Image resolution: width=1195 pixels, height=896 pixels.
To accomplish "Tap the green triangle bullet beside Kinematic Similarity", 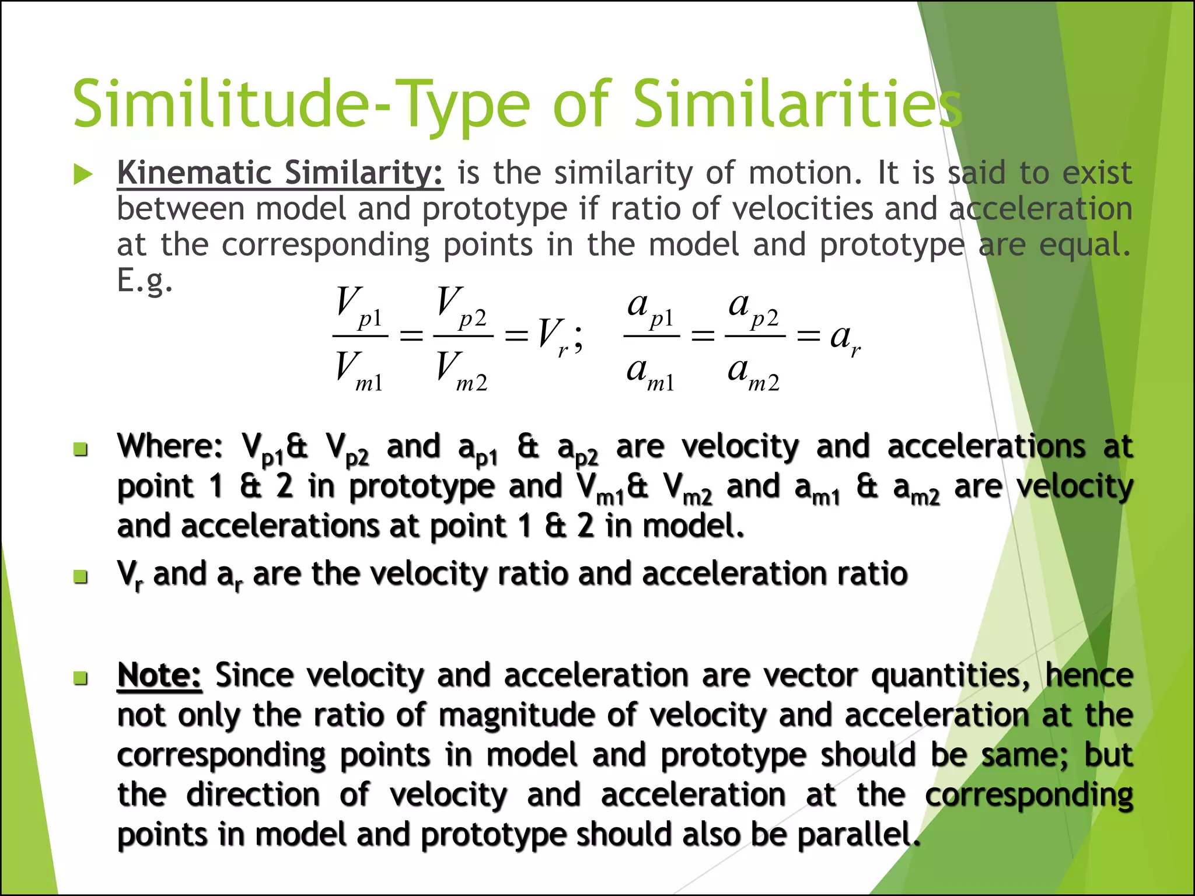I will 83,174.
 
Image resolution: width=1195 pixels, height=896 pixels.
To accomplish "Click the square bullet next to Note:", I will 81,678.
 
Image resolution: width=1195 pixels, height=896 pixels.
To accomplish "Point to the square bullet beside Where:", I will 81,449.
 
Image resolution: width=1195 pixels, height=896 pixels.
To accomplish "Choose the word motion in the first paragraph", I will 805,173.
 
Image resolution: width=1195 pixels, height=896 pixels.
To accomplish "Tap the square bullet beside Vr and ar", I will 81,577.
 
